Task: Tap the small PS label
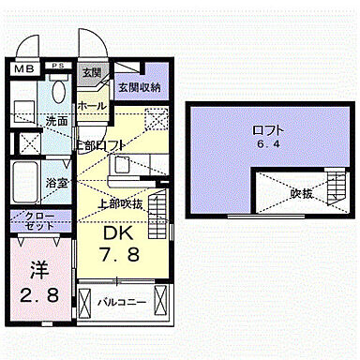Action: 58,65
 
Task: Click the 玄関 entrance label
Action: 91,72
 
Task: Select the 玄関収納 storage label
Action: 139,87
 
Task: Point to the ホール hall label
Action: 92,106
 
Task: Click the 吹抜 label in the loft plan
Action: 300,195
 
